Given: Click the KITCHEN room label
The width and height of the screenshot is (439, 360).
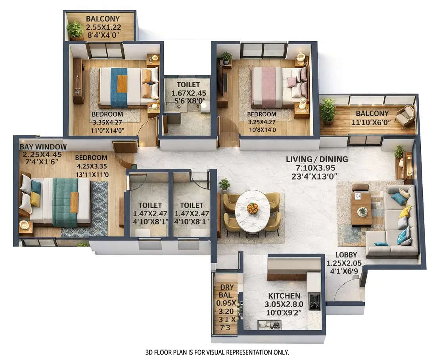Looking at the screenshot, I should [284, 296].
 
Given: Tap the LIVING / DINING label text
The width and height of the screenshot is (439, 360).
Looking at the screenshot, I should [317, 159].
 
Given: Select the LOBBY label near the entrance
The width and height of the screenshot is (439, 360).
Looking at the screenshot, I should [346, 255].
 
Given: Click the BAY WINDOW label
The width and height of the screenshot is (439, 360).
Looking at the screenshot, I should [43, 147].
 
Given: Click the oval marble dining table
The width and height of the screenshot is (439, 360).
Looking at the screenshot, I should [253, 211].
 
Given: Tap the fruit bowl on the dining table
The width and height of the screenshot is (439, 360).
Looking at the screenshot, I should [253, 208].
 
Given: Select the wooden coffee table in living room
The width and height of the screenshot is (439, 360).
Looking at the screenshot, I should [361, 209].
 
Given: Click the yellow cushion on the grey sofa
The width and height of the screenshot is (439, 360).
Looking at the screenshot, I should [404, 212].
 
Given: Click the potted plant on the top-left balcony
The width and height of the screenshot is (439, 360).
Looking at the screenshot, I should [75, 30].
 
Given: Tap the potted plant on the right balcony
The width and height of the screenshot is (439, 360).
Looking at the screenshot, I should [328, 111].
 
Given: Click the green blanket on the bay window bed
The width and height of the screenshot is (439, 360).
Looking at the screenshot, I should [65, 202].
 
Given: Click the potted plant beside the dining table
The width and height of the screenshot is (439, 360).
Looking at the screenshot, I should [224, 184].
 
